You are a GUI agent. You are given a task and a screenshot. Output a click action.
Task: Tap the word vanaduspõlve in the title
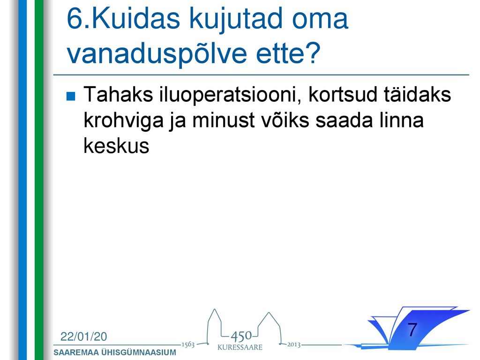tap(157, 53)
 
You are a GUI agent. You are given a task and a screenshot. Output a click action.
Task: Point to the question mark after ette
tap(314, 52)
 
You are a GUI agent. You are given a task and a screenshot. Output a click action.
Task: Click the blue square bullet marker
tap(71, 97)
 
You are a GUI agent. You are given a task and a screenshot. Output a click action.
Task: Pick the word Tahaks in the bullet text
tap(118, 94)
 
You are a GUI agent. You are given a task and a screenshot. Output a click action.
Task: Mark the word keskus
tap(116, 145)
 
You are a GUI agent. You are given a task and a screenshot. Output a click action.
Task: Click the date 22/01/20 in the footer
tap(84, 337)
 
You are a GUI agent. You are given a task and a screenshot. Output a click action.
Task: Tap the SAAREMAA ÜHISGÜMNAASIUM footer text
tap(115, 352)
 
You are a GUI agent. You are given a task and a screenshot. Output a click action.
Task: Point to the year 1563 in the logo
tap(188, 345)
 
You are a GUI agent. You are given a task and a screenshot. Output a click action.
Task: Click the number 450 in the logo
tap(241, 337)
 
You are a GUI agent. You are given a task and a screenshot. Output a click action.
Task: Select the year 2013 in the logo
tap(293, 345)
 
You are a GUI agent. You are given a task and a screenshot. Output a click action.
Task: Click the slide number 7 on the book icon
tap(412, 330)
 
